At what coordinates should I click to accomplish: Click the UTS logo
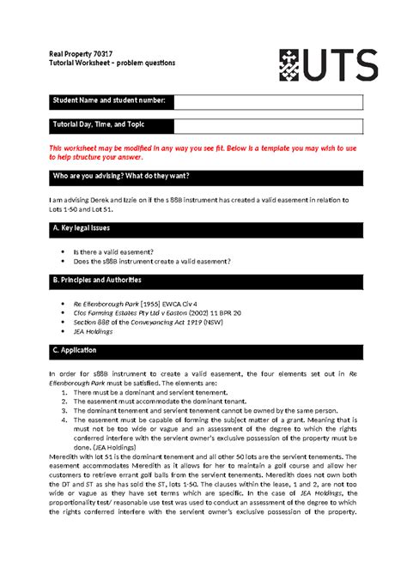click(x=326, y=64)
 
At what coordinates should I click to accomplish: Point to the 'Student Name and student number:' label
click(x=111, y=102)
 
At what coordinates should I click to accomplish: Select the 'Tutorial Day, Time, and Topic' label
click(x=104, y=126)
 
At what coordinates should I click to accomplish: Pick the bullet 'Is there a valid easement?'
click(x=119, y=250)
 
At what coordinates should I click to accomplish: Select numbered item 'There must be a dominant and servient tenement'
click(x=151, y=392)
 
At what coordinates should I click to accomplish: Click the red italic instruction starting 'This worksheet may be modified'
click(x=197, y=153)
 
